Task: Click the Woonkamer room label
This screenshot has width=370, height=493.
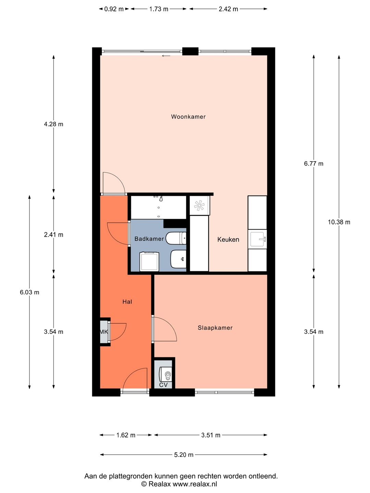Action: coord(188,116)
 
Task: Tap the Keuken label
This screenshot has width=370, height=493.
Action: coord(228,239)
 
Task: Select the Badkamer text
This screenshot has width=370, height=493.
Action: coord(149,239)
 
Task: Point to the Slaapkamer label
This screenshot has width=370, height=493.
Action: coord(215,328)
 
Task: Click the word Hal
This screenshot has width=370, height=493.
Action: coord(127,302)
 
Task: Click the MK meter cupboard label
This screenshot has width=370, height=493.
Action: coord(104,331)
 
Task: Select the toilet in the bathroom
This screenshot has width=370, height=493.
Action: coord(176,238)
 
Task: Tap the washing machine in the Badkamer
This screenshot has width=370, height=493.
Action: coord(149,262)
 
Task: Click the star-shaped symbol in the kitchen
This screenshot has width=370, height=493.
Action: coord(199,206)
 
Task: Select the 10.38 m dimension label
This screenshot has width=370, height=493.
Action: coord(339,222)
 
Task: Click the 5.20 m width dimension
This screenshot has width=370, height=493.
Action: coord(184,455)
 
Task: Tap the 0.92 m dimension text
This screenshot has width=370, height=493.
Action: coord(114,9)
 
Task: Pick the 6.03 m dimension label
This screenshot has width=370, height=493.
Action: coord(29,292)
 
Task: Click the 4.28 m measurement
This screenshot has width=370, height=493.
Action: coord(53,124)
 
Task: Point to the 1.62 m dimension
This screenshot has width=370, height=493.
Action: coord(126,435)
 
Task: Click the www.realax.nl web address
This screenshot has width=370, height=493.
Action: coord(195,483)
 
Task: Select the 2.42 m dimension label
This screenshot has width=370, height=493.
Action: coord(228,9)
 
